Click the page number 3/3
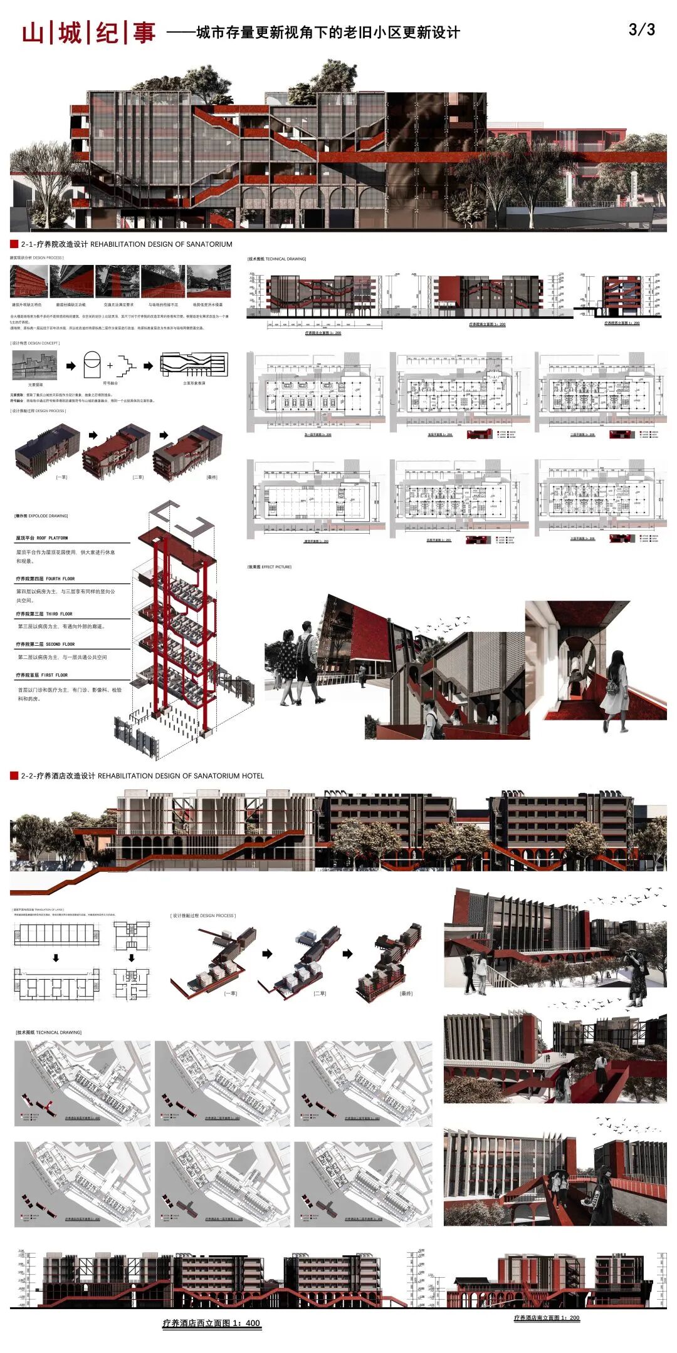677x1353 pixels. tap(641, 29)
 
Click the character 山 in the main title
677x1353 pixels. tap(33, 33)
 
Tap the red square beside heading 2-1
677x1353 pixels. tap(14, 244)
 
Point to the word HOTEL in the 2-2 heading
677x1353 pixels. tap(253, 775)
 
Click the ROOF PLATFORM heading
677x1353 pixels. tap(42, 538)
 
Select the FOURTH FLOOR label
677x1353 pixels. tap(45, 579)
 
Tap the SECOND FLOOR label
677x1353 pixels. tap(45, 644)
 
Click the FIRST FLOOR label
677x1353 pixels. tap(42, 675)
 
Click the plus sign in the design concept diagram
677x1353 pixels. tap(110, 365)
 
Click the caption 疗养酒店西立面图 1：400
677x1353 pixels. tap(211, 1323)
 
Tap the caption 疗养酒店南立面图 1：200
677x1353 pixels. tap(547, 1318)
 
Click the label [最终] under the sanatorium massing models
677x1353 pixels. tap(211, 477)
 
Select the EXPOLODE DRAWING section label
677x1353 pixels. tap(41, 516)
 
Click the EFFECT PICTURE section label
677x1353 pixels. tap(270, 567)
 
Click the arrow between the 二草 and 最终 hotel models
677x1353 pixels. tap(347, 954)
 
